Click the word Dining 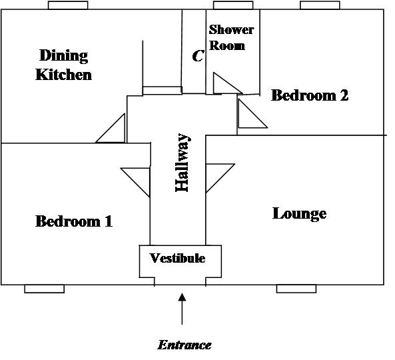[x=64, y=56]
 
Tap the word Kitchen [x=64, y=75]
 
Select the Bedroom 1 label [x=74, y=221]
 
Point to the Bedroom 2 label [x=310, y=95]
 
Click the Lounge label [x=300, y=214]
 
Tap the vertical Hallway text [x=182, y=163]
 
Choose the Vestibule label [x=177, y=258]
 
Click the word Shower [x=231, y=29]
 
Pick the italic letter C [x=198, y=56]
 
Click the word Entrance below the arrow [x=185, y=345]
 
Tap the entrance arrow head [x=182, y=297]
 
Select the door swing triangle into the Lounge [x=220, y=178]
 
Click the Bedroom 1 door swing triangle [x=135, y=182]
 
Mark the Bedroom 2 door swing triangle [x=252, y=113]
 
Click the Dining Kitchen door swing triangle [x=111, y=128]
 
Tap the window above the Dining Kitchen [x=68, y=5]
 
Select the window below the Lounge [x=296, y=289]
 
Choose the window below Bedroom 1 [x=45, y=289]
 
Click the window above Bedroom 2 [x=320, y=5]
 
